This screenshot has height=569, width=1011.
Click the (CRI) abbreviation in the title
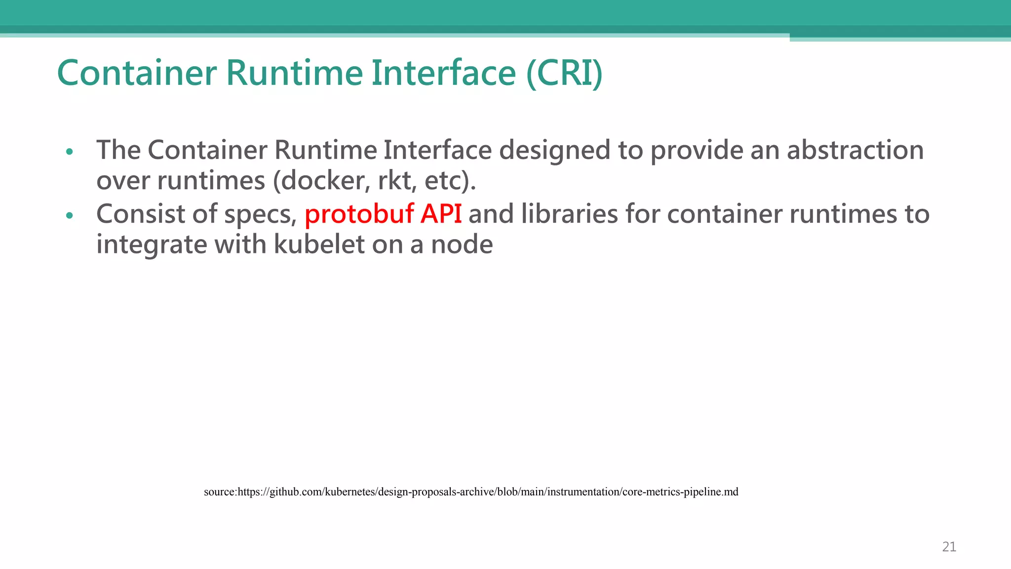(564, 73)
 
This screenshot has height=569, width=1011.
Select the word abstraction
(855, 150)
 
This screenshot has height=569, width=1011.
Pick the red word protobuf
(359, 214)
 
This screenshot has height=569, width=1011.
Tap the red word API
(441, 214)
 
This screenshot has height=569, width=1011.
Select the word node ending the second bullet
(462, 244)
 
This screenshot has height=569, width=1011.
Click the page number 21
(949, 547)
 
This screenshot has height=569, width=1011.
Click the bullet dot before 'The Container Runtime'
(70, 152)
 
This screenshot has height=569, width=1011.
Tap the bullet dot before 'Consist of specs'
(70, 216)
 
